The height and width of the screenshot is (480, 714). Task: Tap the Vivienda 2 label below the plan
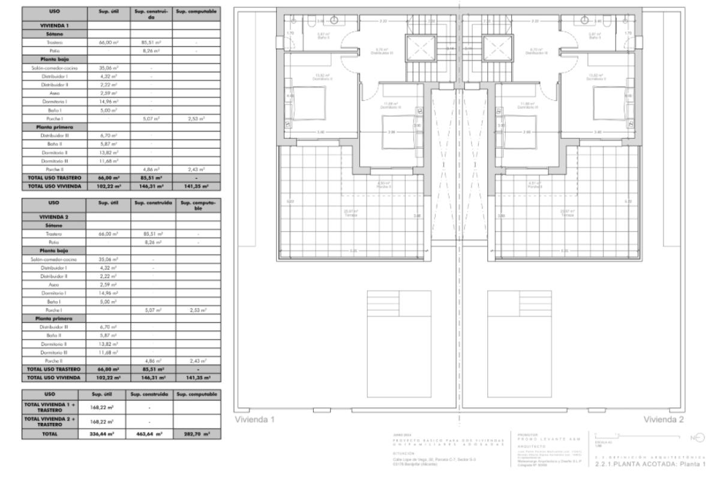click(x=663, y=419)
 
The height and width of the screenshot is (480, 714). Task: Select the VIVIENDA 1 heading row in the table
click(x=55, y=25)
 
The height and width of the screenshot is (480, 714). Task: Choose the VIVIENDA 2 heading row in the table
click(x=55, y=215)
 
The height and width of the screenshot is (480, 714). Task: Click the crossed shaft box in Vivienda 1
click(x=419, y=48)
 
